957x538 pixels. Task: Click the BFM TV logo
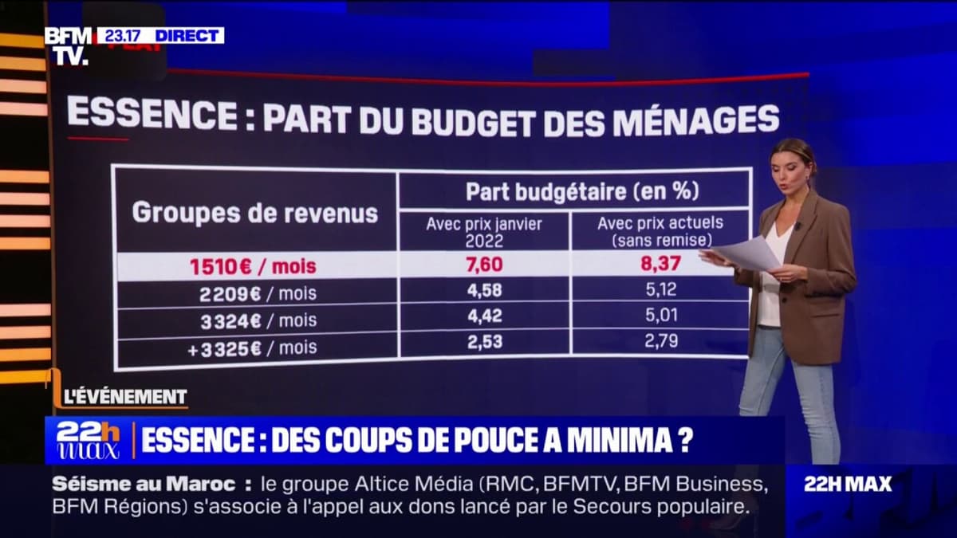[x=68, y=45]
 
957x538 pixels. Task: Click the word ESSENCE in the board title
[x=152, y=114]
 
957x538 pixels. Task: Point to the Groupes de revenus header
[x=254, y=213]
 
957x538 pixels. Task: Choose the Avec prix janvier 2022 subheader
[x=485, y=231]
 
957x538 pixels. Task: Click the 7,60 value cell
[x=485, y=265]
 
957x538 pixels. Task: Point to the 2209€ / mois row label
[x=257, y=293]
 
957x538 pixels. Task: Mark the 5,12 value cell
[x=661, y=290]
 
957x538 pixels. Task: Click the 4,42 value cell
[x=485, y=316]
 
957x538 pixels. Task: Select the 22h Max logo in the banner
[x=88, y=440]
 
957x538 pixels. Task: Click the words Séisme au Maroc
[x=144, y=484]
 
